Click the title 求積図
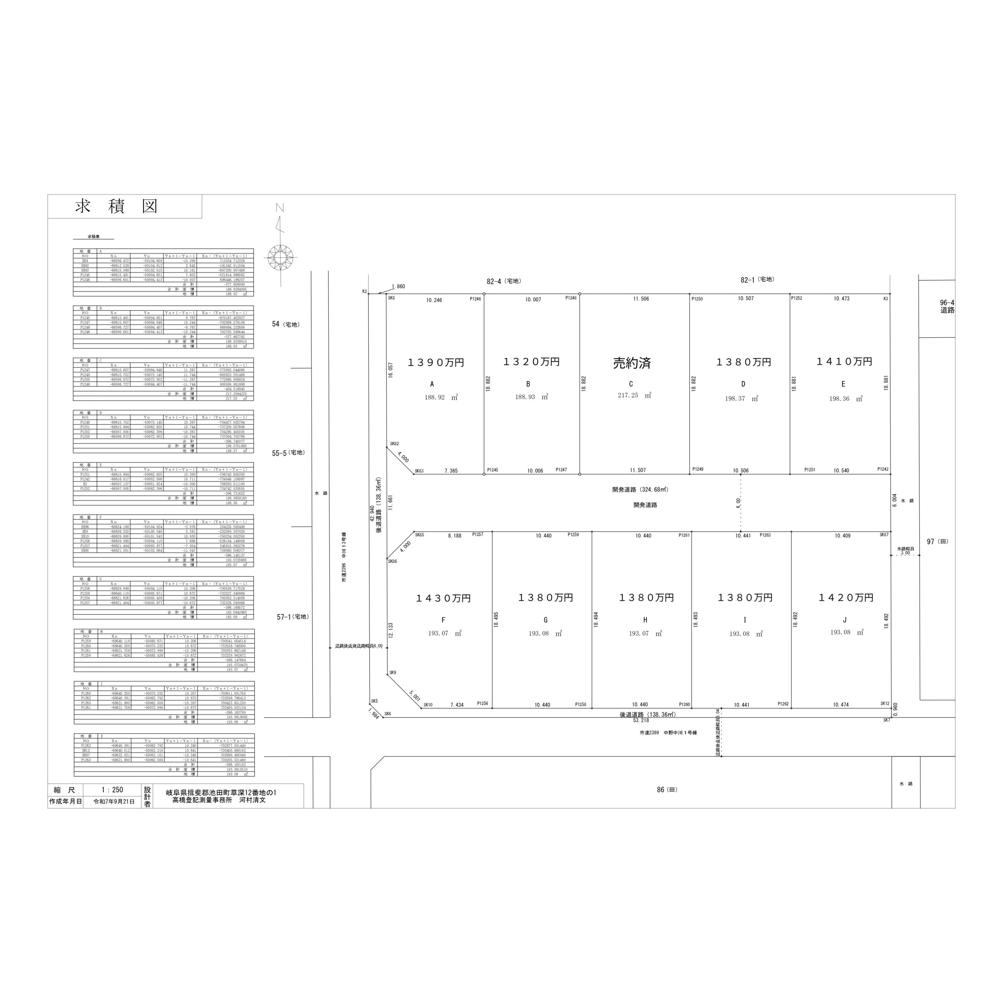tap(116, 206)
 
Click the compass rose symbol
tap(281, 257)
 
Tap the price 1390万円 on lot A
tap(436, 363)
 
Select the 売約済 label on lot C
tap(631, 363)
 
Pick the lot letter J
tap(845, 620)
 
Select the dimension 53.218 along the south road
tap(641, 720)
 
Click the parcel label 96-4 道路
tap(947, 306)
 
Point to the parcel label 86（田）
tap(666, 789)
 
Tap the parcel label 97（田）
tap(937, 541)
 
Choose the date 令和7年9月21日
tap(114, 802)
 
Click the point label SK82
tap(394, 444)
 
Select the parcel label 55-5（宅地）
tap(288, 453)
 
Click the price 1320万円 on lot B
tap(531, 362)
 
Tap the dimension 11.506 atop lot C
tap(641, 299)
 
